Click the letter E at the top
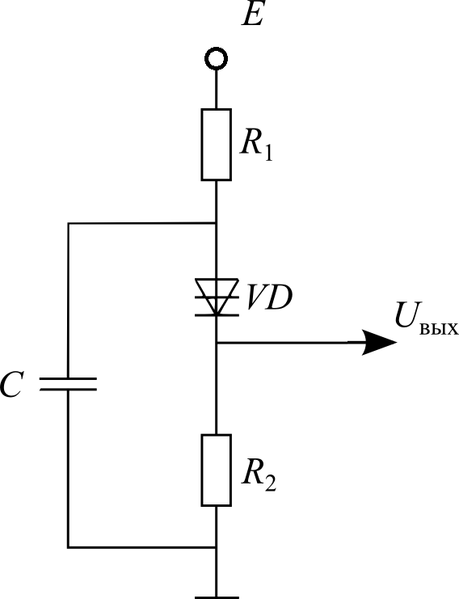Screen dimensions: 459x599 tap(252, 15)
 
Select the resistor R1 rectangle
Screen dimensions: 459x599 tap(216, 145)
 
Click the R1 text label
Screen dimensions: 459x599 tap(256, 146)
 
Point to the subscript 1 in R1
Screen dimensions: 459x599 tap(268, 154)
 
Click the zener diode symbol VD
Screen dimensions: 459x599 tap(217, 297)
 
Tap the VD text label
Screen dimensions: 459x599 tap(269, 297)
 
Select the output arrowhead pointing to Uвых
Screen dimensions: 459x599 tap(379, 342)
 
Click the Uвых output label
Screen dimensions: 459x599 tap(426, 319)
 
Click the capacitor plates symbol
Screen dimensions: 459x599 tap(68, 384)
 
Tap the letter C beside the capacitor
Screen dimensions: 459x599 tap(11, 384)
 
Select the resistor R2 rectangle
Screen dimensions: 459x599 tap(216, 470)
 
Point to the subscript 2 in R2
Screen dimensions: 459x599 tap(270, 483)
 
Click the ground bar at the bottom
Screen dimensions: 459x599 tap(217, 597)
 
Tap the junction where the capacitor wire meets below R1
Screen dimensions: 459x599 tap(216, 223)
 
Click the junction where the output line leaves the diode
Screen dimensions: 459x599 tap(216, 342)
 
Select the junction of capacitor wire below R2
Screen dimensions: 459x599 tap(216, 548)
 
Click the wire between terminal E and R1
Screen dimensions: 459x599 tap(216, 90)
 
